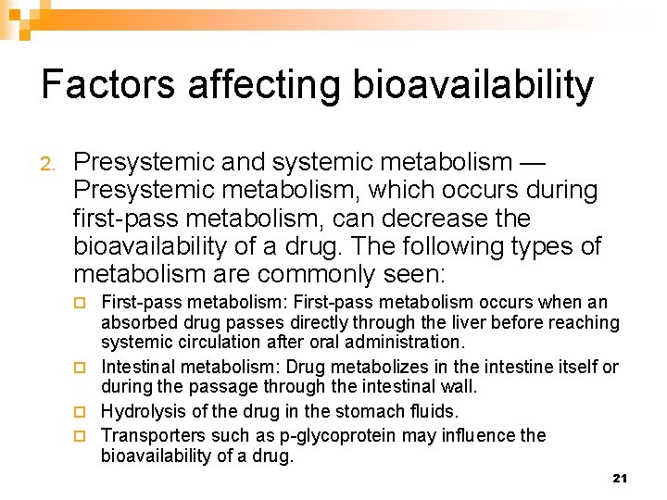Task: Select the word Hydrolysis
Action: [144, 411]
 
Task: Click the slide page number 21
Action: [620, 478]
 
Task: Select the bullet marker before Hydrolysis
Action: [81, 411]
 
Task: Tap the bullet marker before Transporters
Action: [81, 435]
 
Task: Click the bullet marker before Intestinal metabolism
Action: [81, 368]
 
